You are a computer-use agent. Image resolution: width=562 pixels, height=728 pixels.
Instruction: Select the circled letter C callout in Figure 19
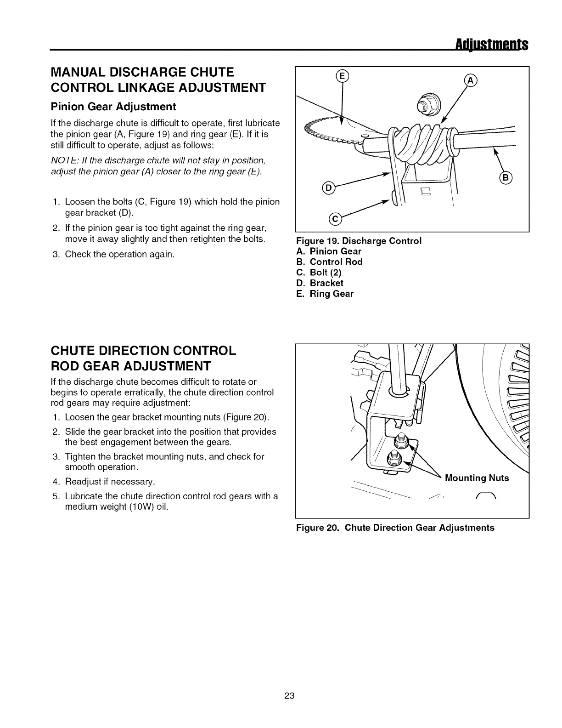(335, 220)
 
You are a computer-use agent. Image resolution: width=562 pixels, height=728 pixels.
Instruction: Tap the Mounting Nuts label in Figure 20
(477, 478)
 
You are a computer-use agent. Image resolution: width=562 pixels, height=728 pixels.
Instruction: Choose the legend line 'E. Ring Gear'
(325, 294)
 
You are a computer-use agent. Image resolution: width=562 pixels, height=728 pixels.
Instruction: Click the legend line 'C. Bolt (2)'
(319, 273)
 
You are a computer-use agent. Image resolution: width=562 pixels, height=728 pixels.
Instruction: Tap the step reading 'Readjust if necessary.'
(110, 482)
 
